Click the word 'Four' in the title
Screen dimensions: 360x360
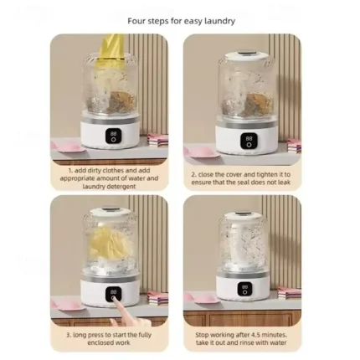click(136, 21)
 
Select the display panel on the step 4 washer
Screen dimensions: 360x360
click(245, 289)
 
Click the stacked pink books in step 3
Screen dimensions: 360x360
click(156, 296)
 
